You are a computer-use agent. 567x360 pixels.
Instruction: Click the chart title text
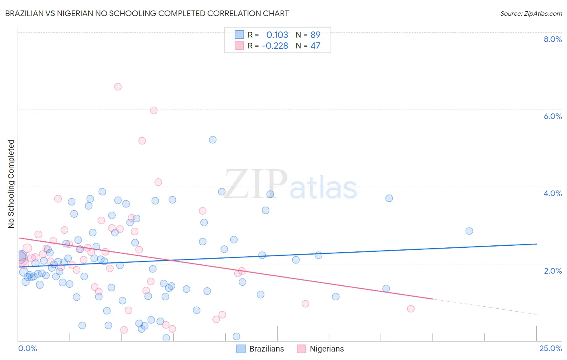pyautogui.click(x=147, y=13)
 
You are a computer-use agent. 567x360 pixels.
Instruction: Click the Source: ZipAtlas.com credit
pyautogui.click(x=531, y=13)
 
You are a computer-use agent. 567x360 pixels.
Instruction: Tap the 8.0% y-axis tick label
pyautogui.click(x=552, y=39)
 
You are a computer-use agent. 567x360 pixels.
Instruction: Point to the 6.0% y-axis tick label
pyautogui.click(x=552, y=116)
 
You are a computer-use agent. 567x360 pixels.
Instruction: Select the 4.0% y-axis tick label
pyautogui.click(x=552, y=193)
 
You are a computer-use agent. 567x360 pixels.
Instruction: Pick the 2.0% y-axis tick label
pyautogui.click(x=552, y=271)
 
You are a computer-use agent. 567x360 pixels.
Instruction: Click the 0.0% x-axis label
pyautogui.click(x=27, y=348)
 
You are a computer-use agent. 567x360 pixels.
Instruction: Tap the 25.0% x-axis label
pyautogui.click(x=550, y=348)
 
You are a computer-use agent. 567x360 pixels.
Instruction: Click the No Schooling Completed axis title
pyautogui.click(x=11, y=184)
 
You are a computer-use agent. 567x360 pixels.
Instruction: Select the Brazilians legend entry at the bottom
pyautogui.click(x=261, y=349)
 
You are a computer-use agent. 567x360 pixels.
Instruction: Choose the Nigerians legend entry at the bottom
pyautogui.click(x=321, y=349)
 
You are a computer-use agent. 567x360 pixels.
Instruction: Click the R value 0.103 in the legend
pyautogui.click(x=277, y=35)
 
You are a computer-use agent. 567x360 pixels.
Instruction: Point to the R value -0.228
pyautogui.click(x=275, y=46)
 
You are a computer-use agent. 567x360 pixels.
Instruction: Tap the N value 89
pyautogui.click(x=315, y=35)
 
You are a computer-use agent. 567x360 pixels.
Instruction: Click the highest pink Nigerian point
pyautogui.click(x=118, y=87)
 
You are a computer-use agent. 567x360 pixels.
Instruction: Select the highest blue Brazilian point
pyautogui.click(x=213, y=140)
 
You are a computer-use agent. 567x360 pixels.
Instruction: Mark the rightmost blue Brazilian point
pyautogui.click(x=469, y=231)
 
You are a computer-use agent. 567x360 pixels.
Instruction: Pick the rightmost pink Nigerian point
pyautogui.click(x=411, y=309)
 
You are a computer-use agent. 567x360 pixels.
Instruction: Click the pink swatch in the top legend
pyautogui.click(x=239, y=46)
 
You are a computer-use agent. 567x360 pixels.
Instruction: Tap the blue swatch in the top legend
pyautogui.click(x=239, y=35)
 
